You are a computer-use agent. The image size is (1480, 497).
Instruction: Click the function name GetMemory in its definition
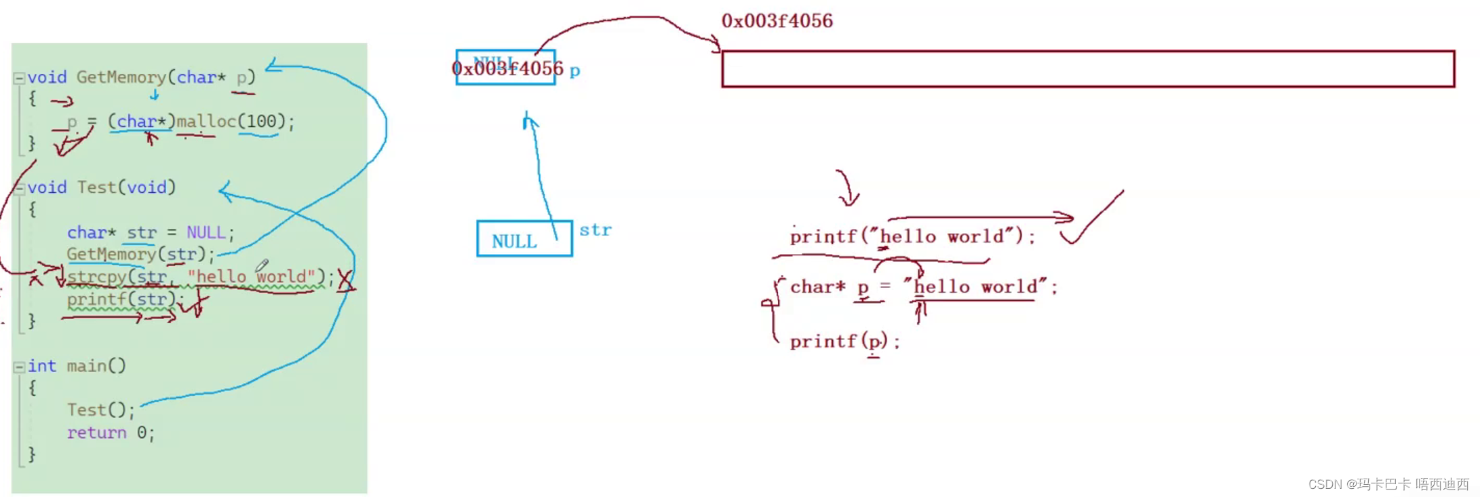coord(121,77)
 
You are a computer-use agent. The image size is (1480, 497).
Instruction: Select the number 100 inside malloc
coord(261,122)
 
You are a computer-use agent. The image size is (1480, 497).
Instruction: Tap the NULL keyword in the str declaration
coord(206,233)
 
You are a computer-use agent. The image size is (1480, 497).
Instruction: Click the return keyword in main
coord(96,432)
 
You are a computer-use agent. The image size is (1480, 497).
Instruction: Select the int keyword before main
coord(41,366)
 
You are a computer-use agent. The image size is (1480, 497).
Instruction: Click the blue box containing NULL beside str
coord(524,239)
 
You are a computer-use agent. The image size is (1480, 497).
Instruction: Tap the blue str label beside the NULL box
coord(595,230)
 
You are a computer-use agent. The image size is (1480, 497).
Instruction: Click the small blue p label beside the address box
coord(575,71)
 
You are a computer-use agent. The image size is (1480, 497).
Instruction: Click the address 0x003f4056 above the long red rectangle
coord(777,21)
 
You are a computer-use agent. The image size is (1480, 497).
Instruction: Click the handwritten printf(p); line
coord(844,342)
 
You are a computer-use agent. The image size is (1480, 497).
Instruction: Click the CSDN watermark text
coord(1388,484)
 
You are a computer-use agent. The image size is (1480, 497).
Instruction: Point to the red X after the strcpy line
coord(345,280)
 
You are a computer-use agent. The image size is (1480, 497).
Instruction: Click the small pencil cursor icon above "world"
coord(262,265)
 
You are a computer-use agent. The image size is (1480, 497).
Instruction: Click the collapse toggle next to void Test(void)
coord(19,189)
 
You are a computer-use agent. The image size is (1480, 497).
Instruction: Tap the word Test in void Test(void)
coord(96,187)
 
